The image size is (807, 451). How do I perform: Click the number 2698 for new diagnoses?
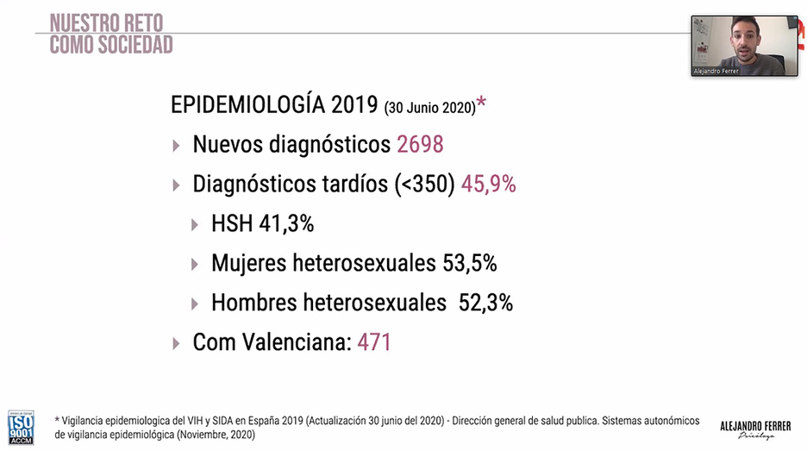[420, 144]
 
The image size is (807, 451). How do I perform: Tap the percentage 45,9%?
[489, 184]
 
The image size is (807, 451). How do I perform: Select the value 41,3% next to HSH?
[286, 224]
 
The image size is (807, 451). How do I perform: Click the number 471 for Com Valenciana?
[374, 342]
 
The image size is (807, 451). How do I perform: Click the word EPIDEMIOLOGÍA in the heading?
[247, 105]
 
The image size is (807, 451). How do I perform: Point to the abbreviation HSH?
[232, 224]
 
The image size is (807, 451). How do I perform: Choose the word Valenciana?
[297, 342]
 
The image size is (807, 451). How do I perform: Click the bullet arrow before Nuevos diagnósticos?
[177, 145]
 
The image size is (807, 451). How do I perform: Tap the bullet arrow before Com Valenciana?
[177, 343]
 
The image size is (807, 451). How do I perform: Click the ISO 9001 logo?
[21, 426]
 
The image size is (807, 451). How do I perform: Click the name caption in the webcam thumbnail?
[716, 72]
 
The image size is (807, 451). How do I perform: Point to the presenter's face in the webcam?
[745, 35]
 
